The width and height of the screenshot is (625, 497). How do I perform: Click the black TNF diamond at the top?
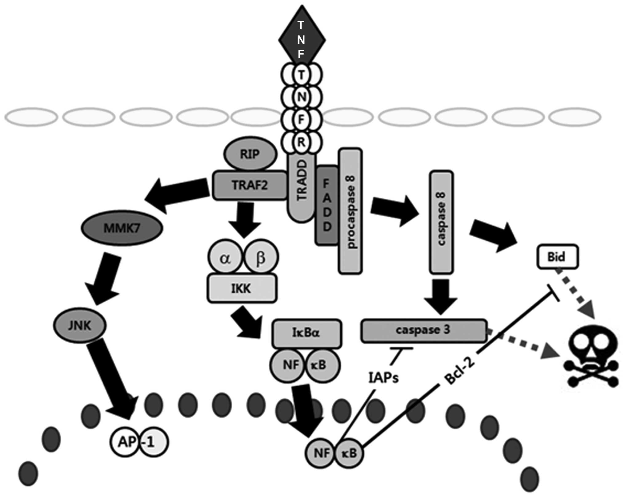tap(302, 39)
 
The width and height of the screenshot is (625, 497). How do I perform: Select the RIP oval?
tap(250, 154)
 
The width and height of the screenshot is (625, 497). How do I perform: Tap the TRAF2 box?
tap(250, 185)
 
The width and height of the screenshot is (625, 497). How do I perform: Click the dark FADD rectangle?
tap(327, 205)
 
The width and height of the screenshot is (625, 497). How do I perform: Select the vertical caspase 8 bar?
tap(441, 222)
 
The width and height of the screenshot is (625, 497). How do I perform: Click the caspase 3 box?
tap(424, 331)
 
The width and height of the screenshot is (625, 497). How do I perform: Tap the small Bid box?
tap(558, 256)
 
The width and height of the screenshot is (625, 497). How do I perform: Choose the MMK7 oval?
tap(122, 228)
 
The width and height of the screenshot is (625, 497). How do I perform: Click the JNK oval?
tap(80, 325)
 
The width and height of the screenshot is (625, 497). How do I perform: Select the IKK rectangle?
tap(242, 288)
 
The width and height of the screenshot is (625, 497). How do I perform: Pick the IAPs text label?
tap(383, 377)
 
